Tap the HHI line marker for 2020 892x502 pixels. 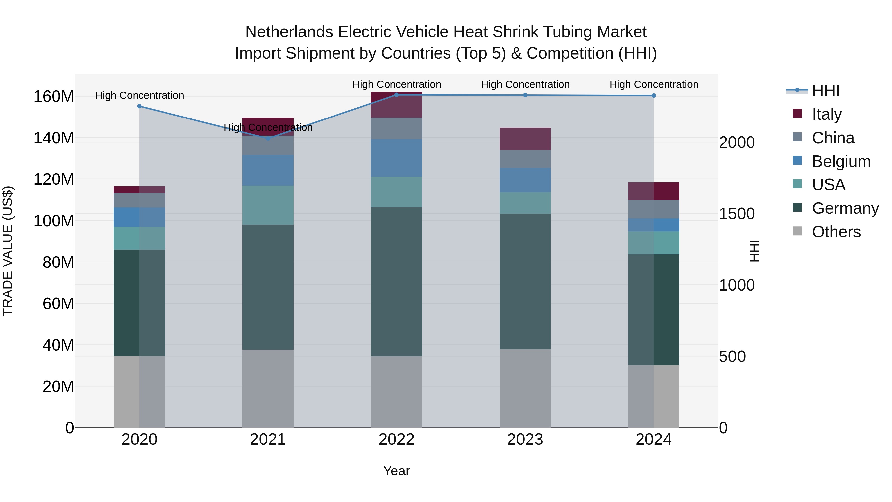tap(139, 106)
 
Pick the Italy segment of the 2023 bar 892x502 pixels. tap(525, 139)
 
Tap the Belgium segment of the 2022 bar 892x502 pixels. tap(396, 158)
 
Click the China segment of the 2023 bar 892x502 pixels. tap(525, 159)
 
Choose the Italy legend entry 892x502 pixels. tap(827, 114)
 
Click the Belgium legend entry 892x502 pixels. tap(841, 161)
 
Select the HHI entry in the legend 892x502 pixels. tap(826, 91)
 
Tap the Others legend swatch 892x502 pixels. tap(797, 231)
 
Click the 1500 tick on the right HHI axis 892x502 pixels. tap(737, 214)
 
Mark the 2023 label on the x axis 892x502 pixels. tap(525, 440)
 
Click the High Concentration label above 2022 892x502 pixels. tap(396, 84)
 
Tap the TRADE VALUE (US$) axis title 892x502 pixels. tap(8, 251)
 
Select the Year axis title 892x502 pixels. tap(396, 471)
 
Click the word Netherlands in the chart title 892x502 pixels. tap(289, 32)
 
